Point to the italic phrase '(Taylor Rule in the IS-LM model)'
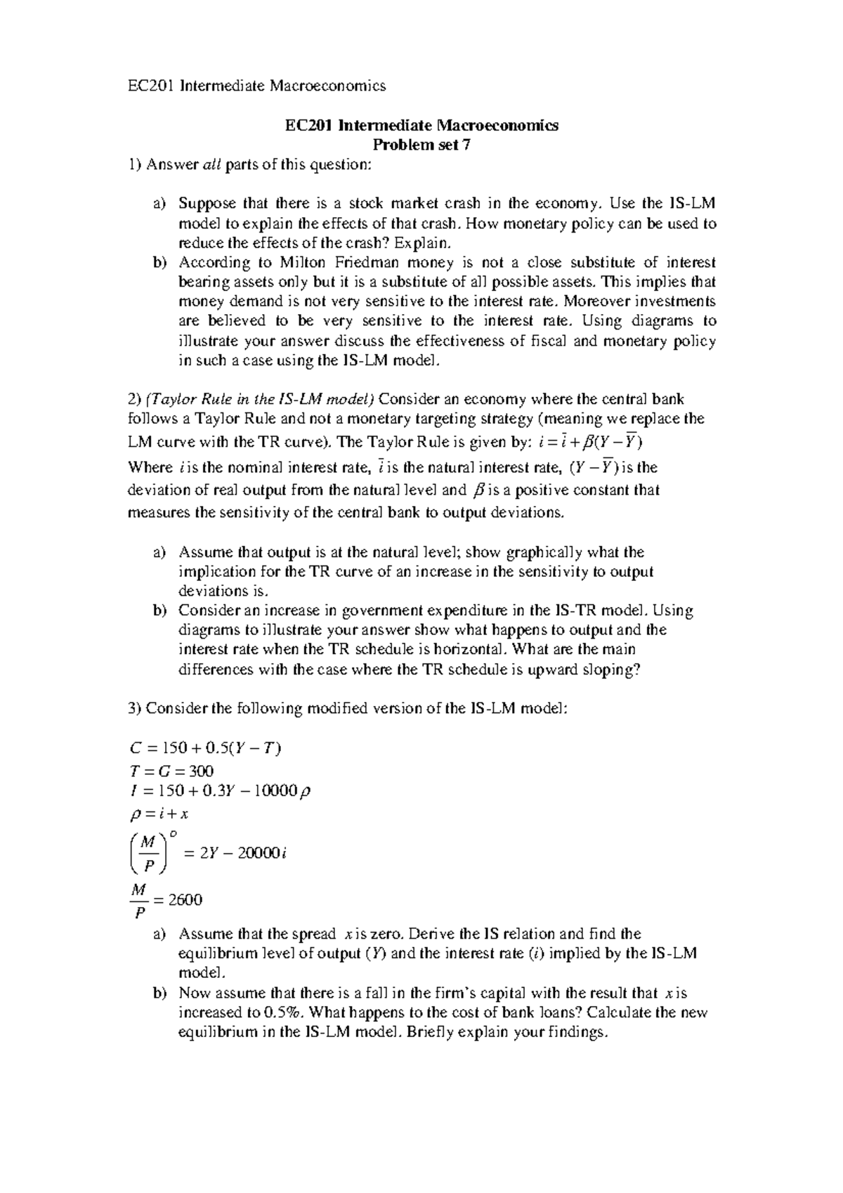pyautogui.click(x=261, y=400)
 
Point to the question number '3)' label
pyautogui.click(x=135, y=709)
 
